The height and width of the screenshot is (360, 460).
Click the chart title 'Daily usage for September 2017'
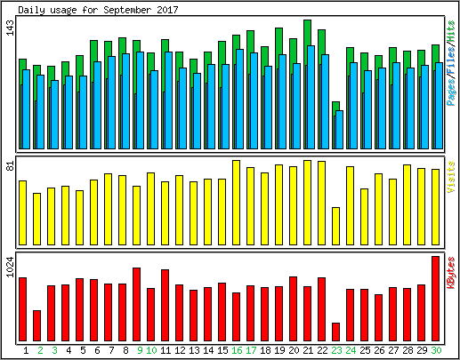coord(98,10)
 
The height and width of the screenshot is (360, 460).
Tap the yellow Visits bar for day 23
coord(335,226)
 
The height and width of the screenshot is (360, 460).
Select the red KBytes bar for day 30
coord(435,299)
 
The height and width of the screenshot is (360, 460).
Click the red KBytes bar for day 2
coord(36,326)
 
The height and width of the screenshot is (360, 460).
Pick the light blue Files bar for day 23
coord(339,130)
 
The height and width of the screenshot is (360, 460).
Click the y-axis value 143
coord(10,28)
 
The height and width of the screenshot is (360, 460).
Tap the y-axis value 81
coord(10,166)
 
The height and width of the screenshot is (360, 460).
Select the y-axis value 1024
coord(10,268)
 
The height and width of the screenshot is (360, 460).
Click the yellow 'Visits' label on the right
coord(451,177)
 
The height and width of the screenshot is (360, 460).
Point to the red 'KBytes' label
coord(451,273)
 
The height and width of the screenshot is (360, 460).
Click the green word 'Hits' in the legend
coord(451,31)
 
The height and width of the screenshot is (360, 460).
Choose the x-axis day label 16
coord(237,350)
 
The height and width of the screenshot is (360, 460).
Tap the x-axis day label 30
coord(436,350)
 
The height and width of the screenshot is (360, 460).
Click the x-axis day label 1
coord(26,350)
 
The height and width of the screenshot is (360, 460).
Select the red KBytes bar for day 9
coord(136,304)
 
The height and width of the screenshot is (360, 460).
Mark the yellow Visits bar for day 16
coord(236,203)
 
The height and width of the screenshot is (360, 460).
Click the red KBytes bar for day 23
coord(335,332)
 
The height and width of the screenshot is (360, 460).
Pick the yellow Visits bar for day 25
coord(364,217)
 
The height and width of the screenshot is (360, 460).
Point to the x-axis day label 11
coord(165,350)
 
